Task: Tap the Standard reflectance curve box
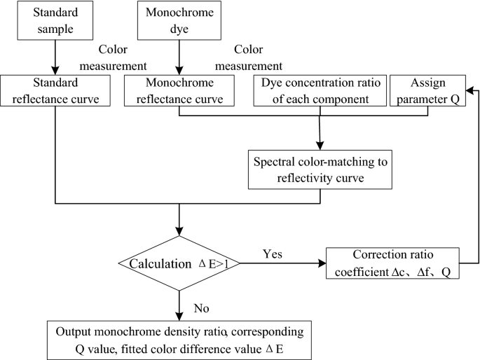click(x=56, y=90)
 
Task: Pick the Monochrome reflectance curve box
click(x=179, y=90)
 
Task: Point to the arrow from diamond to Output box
click(x=181, y=303)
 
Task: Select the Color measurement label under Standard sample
click(x=122, y=59)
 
